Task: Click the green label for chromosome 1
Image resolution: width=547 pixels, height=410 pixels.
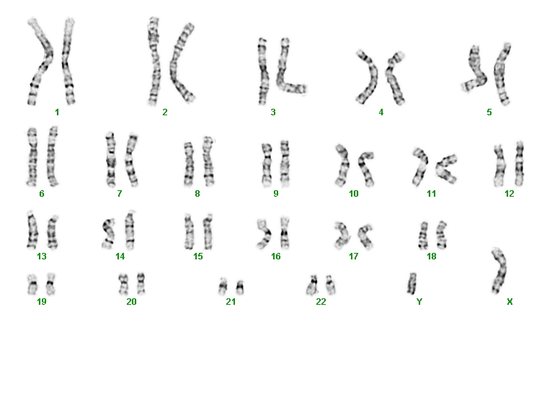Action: point(57,112)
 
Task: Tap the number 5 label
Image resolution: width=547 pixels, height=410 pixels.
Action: point(489,112)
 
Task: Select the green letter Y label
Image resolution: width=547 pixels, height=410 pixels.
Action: point(419,301)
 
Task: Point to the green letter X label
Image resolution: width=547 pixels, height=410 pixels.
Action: point(510,302)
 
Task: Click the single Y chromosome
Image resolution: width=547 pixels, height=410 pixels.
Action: point(412,284)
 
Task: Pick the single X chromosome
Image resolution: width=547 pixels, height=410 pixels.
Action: point(500,271)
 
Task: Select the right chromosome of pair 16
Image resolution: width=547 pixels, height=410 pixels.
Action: point(285,233)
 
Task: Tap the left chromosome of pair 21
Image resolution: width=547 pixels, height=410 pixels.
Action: point(223,287)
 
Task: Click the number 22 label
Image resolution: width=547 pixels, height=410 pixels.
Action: point(321,302)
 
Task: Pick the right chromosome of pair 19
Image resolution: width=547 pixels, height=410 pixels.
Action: point(50,284)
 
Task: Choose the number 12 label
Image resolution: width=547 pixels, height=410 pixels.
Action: point(510,194)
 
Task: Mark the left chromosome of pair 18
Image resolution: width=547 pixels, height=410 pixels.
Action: point(423,235)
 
